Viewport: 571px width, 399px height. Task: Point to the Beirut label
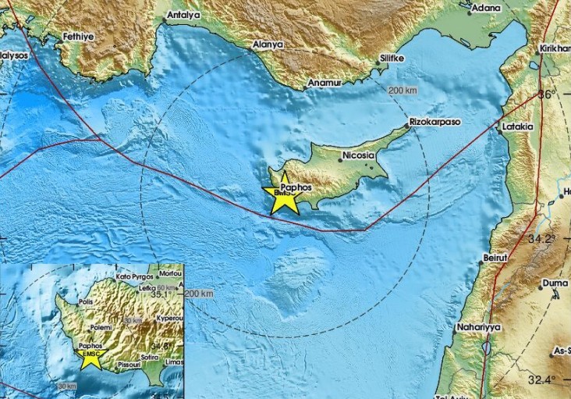point(496,256)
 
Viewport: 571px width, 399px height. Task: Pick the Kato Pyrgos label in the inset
point(133,276)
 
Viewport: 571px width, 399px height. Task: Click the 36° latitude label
point(547,94)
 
